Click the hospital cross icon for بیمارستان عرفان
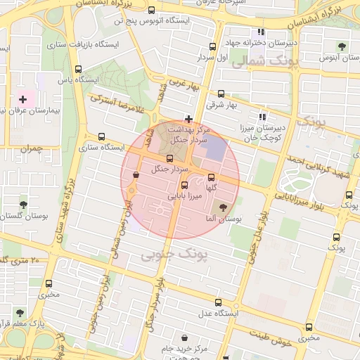click(23, 100)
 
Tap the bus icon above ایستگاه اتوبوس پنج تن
click(153, 11)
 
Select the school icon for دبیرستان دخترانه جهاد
click(262, 32)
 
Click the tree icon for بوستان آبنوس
click(342, 46)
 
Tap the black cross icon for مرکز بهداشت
click(188, 119)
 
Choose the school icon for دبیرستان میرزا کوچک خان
click(262, 117)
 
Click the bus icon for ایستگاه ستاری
click(102, 136)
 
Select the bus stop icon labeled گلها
click(211, 176)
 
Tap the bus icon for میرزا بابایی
click(184, 185)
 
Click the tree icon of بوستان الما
click(224, 207)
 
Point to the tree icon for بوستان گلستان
click(24, 205)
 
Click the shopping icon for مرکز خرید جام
click(184, 337)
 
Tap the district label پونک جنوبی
click(174, 252)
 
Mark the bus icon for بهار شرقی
click(221, 94)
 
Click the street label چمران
click(32, 148)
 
